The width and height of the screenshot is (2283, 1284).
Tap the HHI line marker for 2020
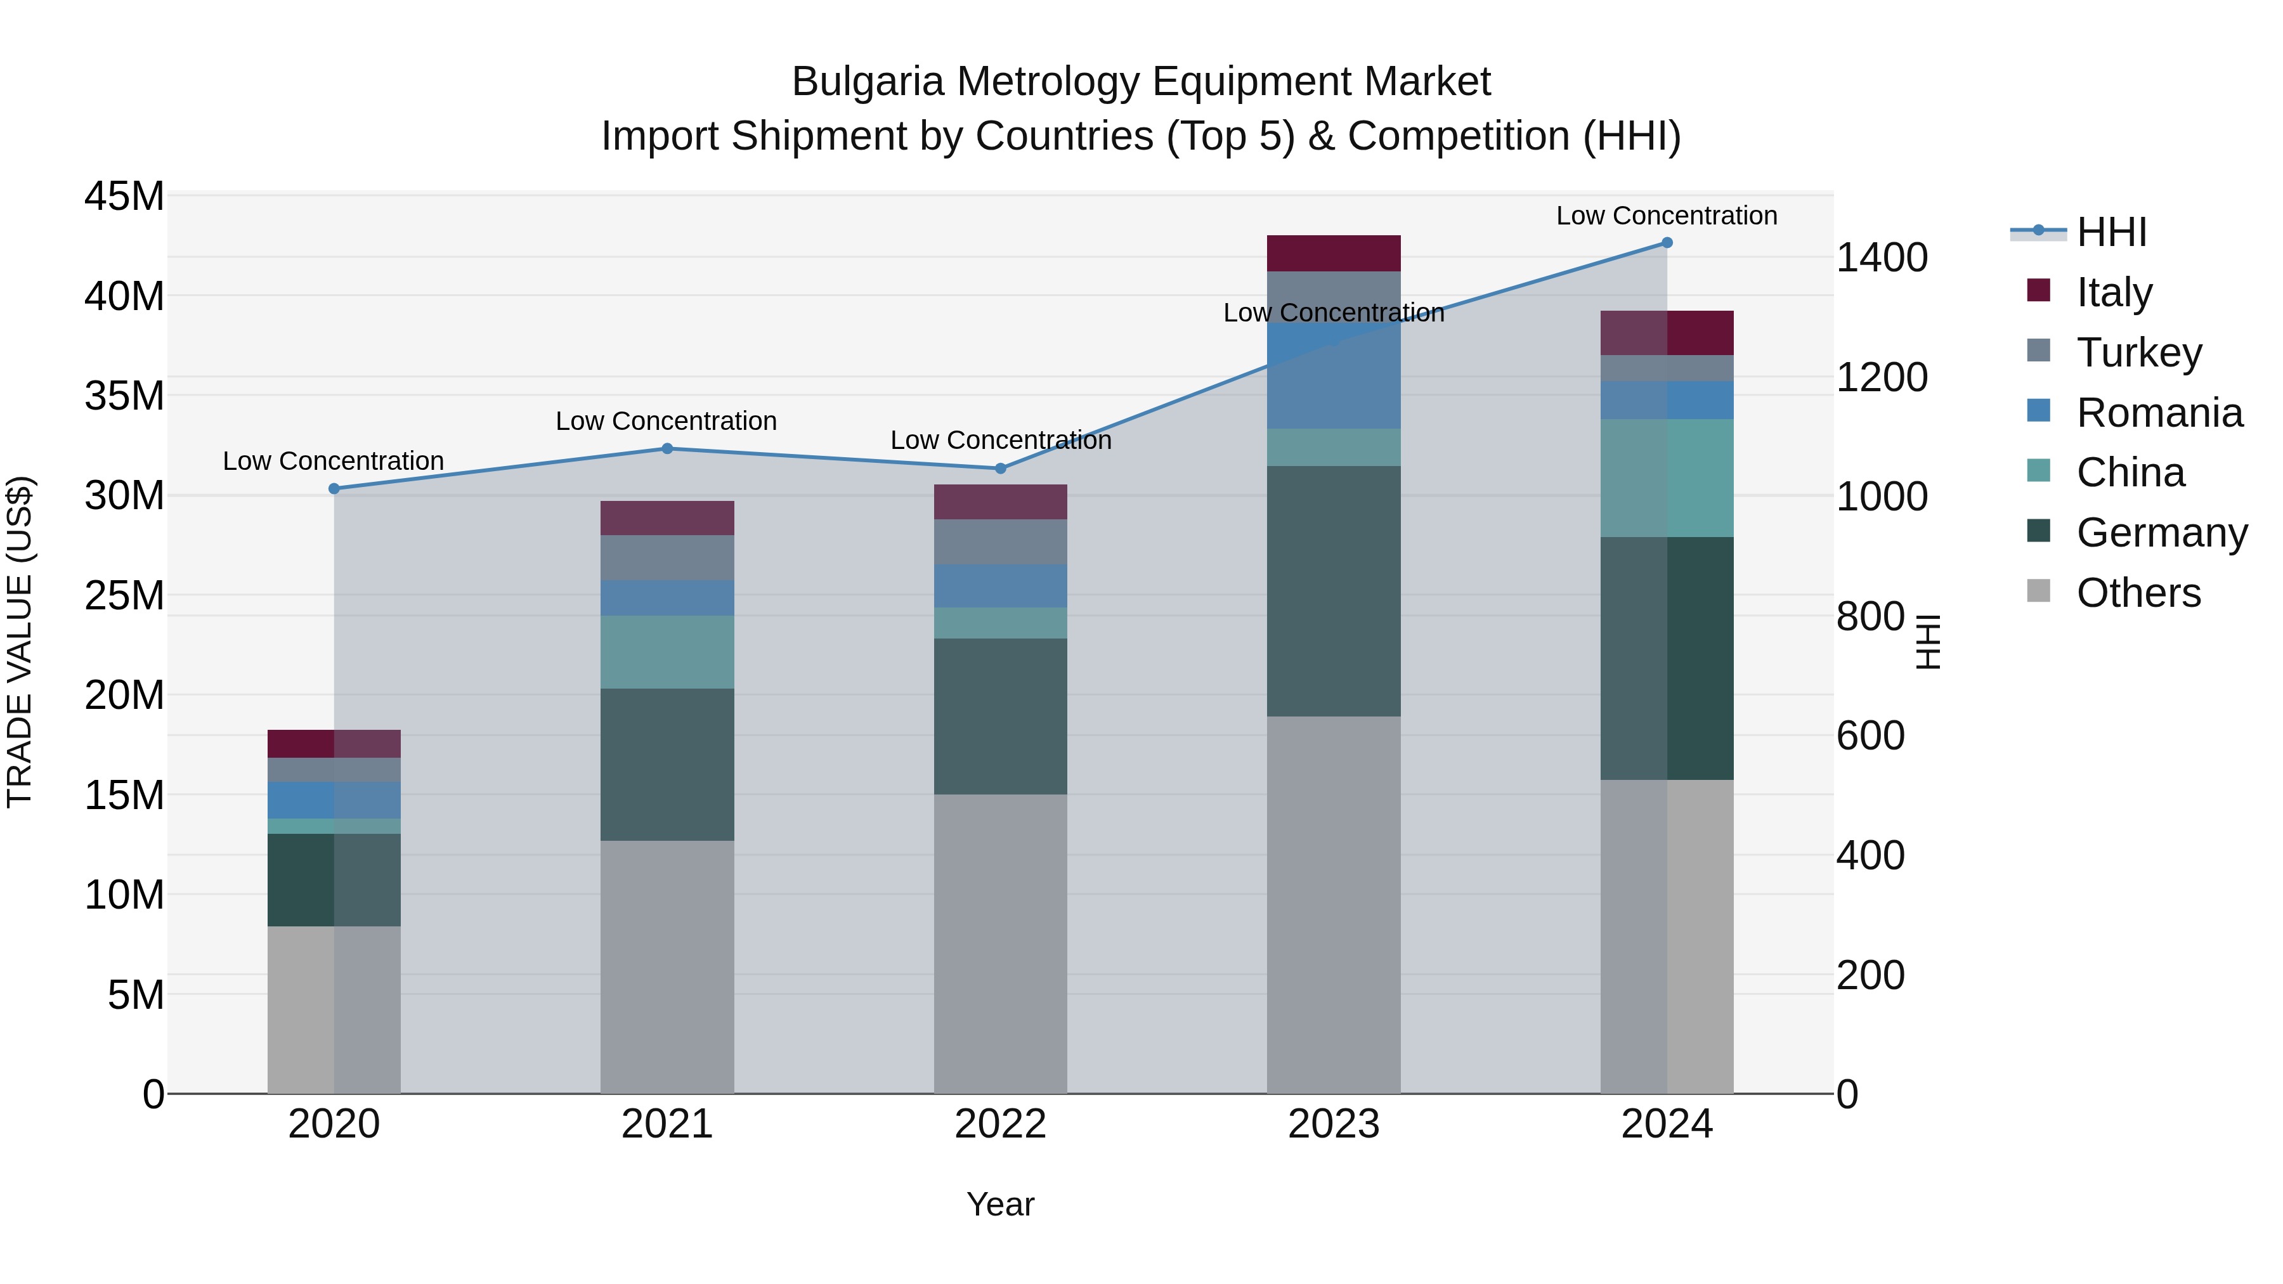(x=334, y=488)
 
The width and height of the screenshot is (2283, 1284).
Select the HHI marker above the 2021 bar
(x=667, y=448)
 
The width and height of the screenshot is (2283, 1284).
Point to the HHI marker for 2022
(x=1001, y=468)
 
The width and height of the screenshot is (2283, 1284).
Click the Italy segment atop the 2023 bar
(x=1333, y=254)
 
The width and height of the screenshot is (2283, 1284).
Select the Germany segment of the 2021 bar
(x=667, y=764)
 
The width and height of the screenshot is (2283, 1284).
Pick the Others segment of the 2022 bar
(x=1001, y=943)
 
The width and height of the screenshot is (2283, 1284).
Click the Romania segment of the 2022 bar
(x=1001, y=586)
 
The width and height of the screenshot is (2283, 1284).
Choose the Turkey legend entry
(x=2138, y=353)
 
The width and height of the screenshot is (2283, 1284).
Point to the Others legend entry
(x=2138, y=593)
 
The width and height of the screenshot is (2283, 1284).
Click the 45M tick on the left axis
(x=124, y=196)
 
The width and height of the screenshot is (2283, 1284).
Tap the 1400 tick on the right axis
(x=1882, y=258)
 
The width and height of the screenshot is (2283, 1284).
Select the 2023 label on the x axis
(x=1333, y=1124)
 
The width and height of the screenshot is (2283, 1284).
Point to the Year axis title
(x=1001, y=1204)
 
